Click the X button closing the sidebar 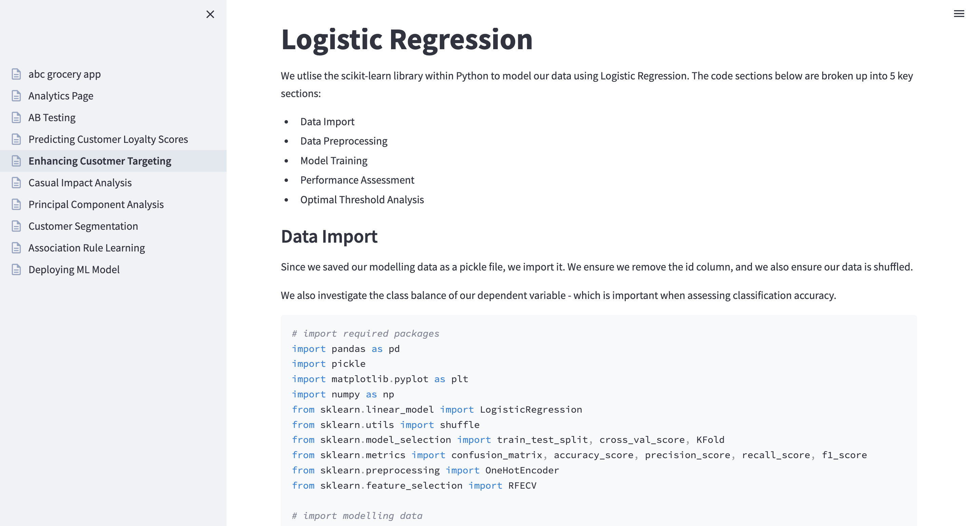coord(210,14)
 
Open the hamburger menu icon coord(958,14)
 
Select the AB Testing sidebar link coord(52,117)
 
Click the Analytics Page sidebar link coord(61,96)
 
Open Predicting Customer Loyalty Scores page coord(108,139)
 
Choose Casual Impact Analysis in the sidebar coord(80,183)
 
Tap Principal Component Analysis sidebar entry coord(96,205)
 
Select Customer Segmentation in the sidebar coord(83,226)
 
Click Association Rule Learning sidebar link coord(86,248)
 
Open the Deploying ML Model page coord(74,270)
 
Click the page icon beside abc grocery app coord(16,74)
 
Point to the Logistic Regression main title coord(407,40)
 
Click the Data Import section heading coord(329,237)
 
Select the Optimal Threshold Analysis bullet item coord(362,200)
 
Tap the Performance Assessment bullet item coord(357,180)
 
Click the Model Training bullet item coord(334,161)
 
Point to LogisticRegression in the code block coord(530,410)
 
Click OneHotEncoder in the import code coord(522,470)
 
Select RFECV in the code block coord(522,486)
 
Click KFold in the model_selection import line coord(710,440)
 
